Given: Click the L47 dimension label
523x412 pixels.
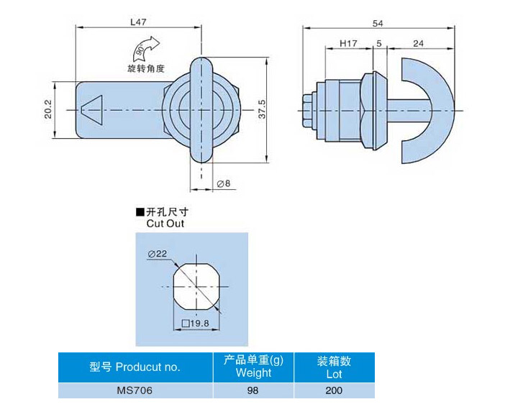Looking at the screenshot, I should [139, 22].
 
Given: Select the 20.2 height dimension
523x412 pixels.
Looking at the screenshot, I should [49, 109].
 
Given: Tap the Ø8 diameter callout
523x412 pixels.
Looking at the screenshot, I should [223, 184].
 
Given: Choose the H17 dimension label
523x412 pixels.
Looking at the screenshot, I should [349, 44].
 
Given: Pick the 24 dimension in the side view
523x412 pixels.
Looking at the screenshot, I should [419, 44].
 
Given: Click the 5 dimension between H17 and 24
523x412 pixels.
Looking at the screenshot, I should [378, 44].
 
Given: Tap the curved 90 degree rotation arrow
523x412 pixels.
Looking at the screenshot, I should [143, 51].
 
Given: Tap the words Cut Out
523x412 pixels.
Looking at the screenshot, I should [165, 224].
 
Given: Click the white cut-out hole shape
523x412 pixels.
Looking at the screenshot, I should [194, 285].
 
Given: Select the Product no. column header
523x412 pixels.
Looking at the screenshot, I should [135, 367].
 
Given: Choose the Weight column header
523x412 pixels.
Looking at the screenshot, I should [253, 367].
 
